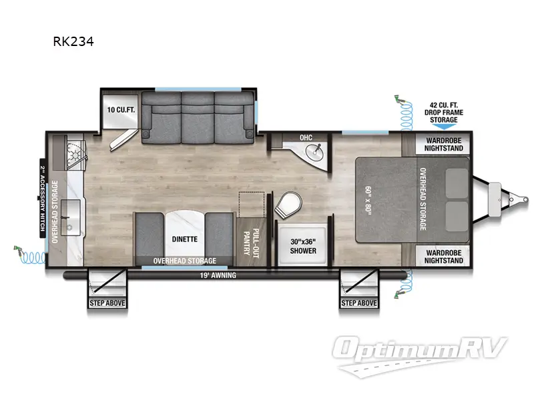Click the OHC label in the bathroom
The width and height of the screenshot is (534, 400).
coord(306,137)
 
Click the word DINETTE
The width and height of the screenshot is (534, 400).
coord(179,236)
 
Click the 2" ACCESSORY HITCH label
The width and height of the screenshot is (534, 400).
coord(41,200)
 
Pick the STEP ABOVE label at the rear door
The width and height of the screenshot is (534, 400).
coord(107,303)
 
